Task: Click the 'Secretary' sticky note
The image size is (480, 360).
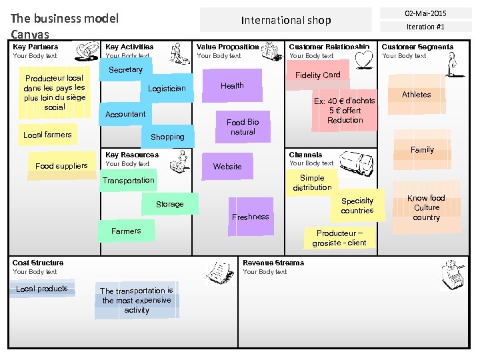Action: [125, 70]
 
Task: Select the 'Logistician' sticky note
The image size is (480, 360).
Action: [167, 89]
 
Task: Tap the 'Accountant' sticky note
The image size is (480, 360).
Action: [125, 114]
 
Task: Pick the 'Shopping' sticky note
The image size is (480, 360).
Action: [167, 137]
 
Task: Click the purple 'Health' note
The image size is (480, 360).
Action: [232, 86]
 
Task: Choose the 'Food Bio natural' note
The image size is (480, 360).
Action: [243, 127]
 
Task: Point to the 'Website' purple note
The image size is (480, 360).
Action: [227, 166]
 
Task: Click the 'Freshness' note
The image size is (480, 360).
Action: [251, 216]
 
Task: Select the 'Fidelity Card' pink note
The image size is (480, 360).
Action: [317, 75]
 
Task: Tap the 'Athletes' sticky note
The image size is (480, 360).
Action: [416, 95]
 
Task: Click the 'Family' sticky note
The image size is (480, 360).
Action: [422, 150]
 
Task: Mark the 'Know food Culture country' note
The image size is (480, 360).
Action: [426, 208]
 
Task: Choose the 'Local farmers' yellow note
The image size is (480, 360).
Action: [47, 135]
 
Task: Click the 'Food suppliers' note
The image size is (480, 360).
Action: [61, 166]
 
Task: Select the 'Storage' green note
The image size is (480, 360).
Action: [169, 204]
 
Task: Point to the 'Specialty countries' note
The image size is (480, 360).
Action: [357, 206]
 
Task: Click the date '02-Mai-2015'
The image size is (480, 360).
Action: [425, 13]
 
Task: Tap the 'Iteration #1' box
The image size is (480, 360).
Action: [425, 27]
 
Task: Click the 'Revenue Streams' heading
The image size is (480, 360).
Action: [273, 263]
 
